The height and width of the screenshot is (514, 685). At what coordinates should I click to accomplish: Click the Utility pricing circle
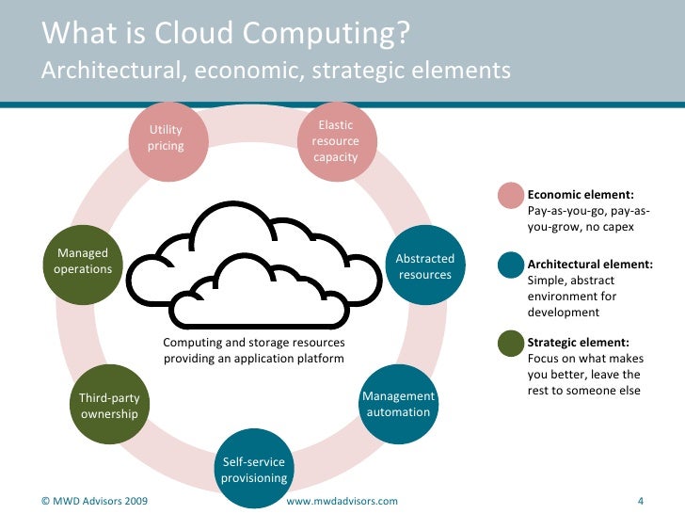click(x=166, y=139)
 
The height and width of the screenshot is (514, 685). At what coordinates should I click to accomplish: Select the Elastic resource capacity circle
click(x=335, y=140)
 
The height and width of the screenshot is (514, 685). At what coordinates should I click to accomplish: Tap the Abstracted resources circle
click(x=424, y=266)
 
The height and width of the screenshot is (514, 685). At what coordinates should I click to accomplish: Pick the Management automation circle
click(x=398, y=404)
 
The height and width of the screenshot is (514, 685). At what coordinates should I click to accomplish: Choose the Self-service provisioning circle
click(x=253, y=469)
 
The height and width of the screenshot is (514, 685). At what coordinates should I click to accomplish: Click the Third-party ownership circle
click(x=109, y=405)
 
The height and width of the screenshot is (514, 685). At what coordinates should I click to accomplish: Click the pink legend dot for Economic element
click(x=511, y=195)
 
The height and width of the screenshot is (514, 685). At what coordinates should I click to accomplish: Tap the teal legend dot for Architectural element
click(x=511, y=267)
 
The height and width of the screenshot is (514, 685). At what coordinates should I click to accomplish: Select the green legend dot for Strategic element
click(x=511, y=344)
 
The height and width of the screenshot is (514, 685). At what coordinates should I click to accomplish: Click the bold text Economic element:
click(x=581, y=195)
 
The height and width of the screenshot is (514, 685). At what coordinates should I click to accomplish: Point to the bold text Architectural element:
click(x=590, y=265)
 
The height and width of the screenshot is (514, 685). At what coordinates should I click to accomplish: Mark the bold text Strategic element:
click(x=578, y=342)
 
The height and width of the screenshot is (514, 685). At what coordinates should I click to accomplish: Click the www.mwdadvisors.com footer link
click(x=342, y=501)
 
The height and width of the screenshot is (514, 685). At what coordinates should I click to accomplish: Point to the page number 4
click(x=640, y=500)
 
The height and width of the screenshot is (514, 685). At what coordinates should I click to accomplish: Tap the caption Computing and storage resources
click(x=254, y=343)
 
